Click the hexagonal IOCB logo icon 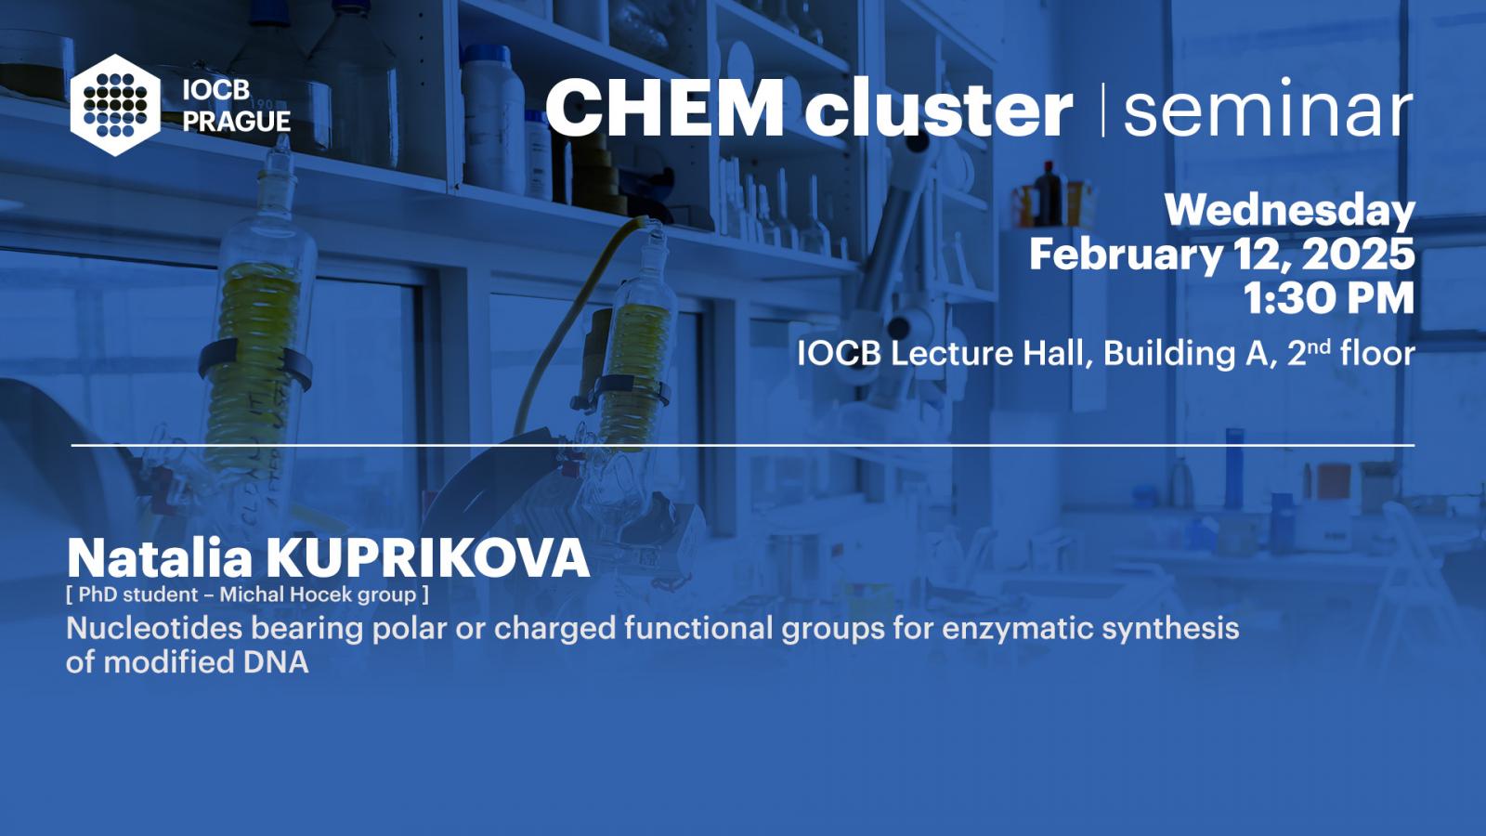[x=115, y=105]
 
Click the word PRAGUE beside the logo [x=237, y=122]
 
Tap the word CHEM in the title [x=664, y=107]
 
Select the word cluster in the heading [x=938, y=107]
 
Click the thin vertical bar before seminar [x=1103, y=110]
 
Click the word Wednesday [x=1290, y=210]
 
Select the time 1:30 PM [x=1329, y=298]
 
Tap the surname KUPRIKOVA [x=428, y=558]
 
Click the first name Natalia [x=160, y=558]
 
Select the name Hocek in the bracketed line [x=320, y=594]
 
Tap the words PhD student [x=138, y=594]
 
